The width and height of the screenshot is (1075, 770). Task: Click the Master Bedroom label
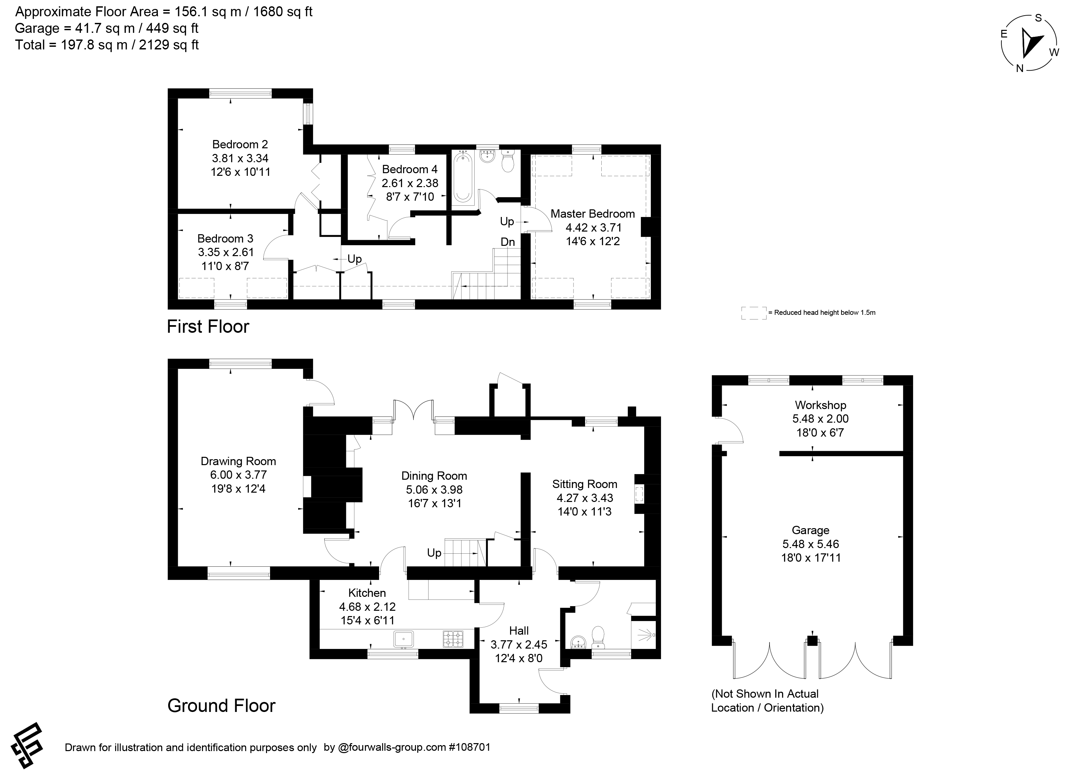[x=592, y=214]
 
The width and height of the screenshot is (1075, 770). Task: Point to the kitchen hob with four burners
[x=453, y=639]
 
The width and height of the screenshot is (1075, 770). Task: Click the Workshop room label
[x=821, y=405]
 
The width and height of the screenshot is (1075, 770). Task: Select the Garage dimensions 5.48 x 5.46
[x=811, y=544]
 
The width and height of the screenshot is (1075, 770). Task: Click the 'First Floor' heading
[x=208, y=327]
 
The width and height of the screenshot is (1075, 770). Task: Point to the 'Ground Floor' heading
[x=221, y=706]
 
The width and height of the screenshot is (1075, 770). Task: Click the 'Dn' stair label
[x=507, y=242]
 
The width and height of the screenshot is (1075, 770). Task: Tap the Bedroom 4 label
[x=410, y=169]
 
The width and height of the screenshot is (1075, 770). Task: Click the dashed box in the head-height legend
[x=754, y=313]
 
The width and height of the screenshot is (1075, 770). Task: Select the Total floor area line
[x=107, y=45]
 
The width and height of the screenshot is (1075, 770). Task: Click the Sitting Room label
[x=584, y=484]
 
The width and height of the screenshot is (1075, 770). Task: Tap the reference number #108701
[x=470, y=747]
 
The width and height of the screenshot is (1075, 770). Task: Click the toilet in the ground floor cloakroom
[x=598, y=638]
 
